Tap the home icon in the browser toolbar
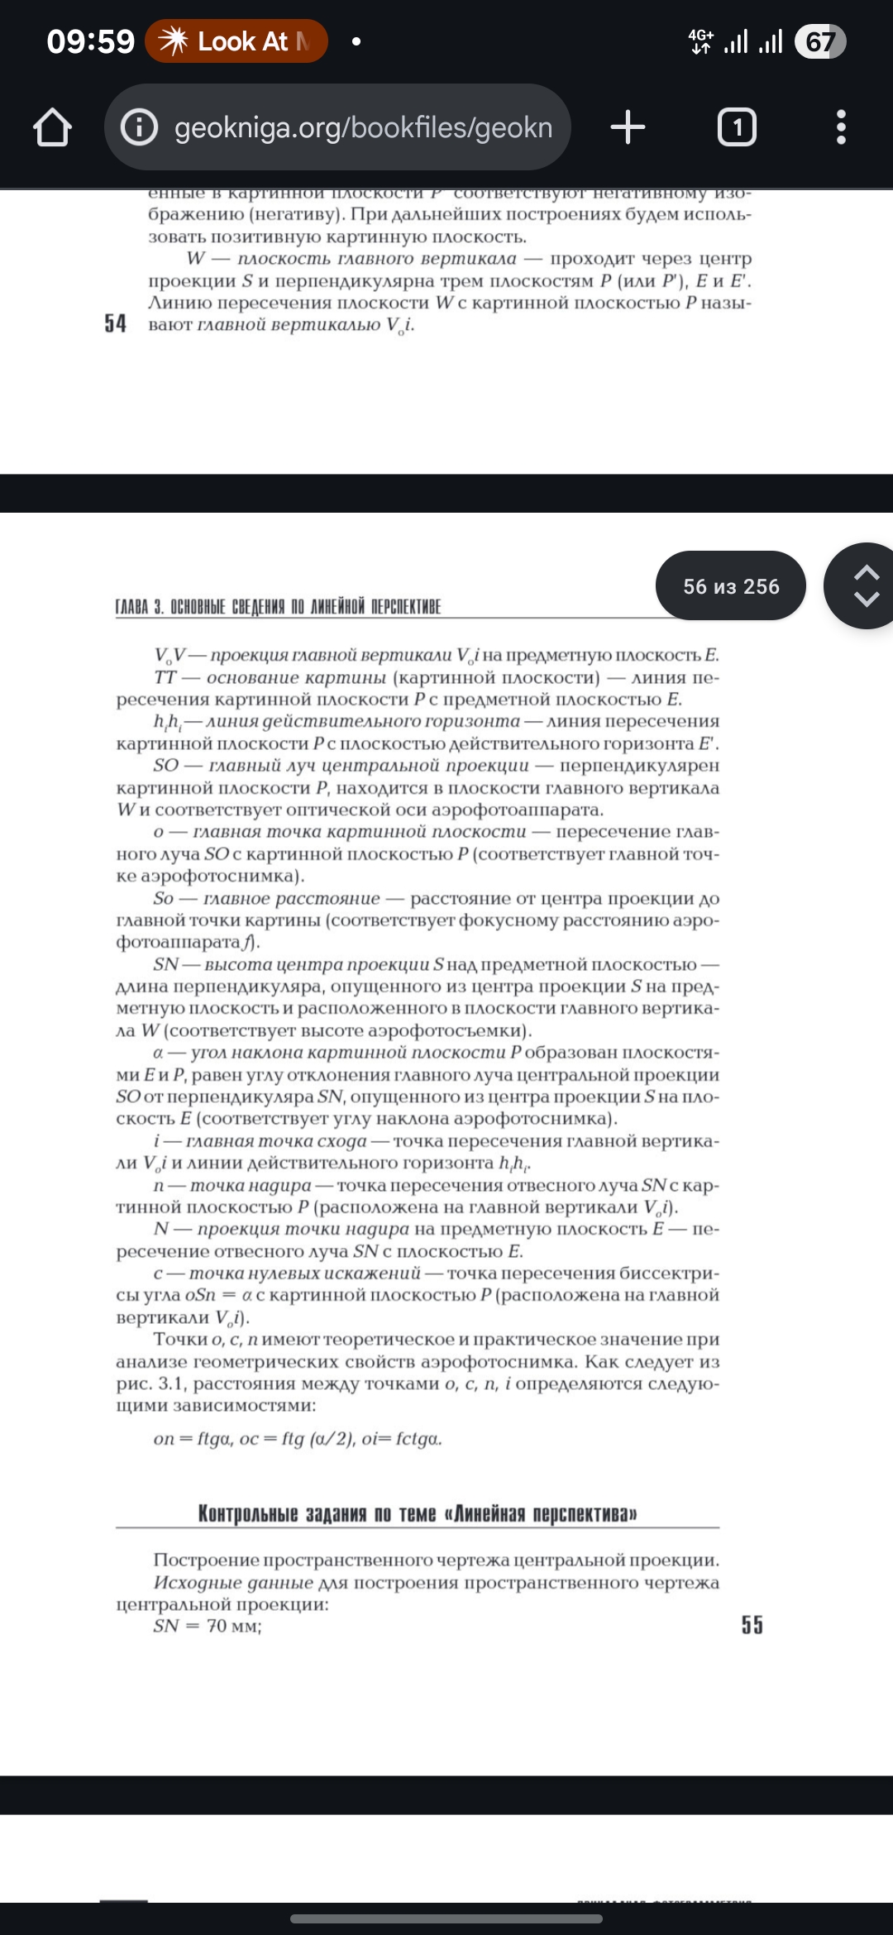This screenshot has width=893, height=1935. tap(52, 128)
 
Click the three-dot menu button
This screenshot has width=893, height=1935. tap(841, 127)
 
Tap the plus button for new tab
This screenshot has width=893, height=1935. tap(628, 127)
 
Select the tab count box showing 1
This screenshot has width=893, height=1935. tap(737, 127)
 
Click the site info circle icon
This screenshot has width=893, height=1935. tap(139, 127)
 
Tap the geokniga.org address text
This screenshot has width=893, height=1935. tap(363, 128)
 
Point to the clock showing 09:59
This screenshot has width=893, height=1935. tap(90, 41)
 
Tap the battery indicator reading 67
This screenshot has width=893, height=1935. tap(819, 41)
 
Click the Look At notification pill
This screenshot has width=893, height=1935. tap(236, 41)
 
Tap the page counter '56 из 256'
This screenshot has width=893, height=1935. tap(731, 586)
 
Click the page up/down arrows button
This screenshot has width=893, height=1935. tap(865, 586)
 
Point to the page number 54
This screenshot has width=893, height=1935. tap(116, 323)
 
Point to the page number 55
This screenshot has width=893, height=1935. tap(752, 1625)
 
